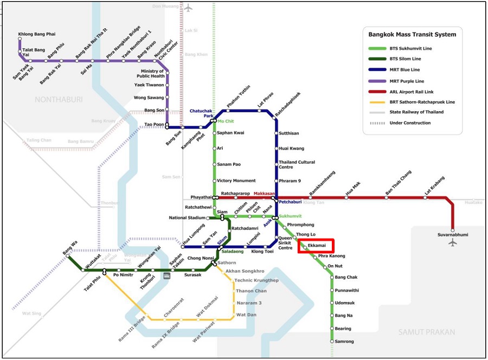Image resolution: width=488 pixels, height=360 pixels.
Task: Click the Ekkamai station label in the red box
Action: pos(316,246)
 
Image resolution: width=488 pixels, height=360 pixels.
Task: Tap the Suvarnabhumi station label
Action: pos(453,235)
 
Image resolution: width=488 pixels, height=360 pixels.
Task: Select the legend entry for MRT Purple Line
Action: pos(406,81)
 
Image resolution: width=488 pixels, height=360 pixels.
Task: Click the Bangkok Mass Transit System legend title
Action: pos(412,34)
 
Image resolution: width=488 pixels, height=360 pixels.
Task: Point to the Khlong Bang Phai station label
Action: pos(37,34)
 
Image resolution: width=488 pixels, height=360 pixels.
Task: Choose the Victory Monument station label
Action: pos(236,181)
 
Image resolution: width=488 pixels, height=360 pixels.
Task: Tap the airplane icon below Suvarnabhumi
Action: pos(453,243)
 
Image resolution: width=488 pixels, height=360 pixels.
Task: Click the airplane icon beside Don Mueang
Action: pos(188,8)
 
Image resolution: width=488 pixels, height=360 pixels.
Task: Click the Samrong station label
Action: pos(344,342)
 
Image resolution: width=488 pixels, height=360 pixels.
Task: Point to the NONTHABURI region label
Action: pos(57,99)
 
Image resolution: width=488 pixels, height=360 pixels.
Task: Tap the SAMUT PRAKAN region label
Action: pos(427,332)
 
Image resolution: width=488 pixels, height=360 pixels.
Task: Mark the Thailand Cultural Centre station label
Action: pos(297,165)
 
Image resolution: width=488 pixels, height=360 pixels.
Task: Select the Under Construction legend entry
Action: pos(410,123)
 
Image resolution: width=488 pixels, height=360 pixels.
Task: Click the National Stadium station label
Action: pos(186,218)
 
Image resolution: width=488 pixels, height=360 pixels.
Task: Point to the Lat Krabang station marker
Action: pos(426,198)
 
